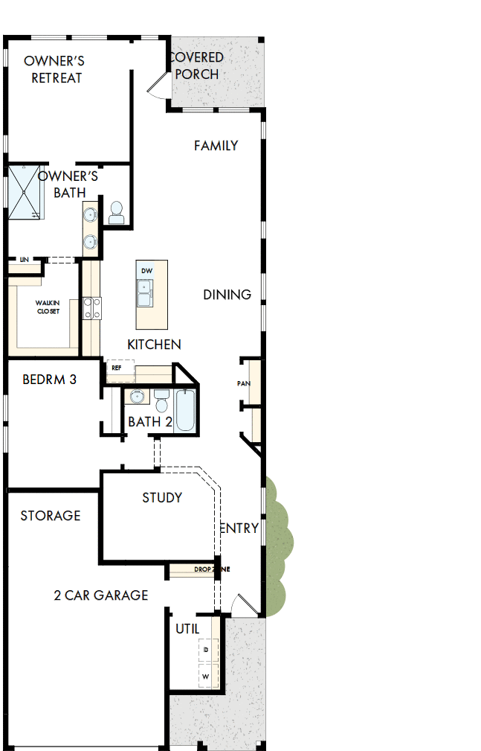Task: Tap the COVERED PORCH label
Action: pos(196,65)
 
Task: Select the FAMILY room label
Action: pos(216,146)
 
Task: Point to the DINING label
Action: pos(227,295)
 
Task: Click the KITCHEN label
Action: pos(154,345)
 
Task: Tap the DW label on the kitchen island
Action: pos(146,270)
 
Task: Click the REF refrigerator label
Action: pos(117,368)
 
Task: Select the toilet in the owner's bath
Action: pos(117,213)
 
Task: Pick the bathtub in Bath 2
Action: pos(185,412)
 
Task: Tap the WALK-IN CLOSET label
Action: pos(48,307)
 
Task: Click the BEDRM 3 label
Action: pos(49,380)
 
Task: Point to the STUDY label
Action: pos(162,497)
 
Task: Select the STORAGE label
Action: pos(51,516)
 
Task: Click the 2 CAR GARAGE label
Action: pos(101,595)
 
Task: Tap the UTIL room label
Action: pos(187,629)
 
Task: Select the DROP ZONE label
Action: pos(211,569)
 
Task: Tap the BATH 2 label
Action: pos(150,422)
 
